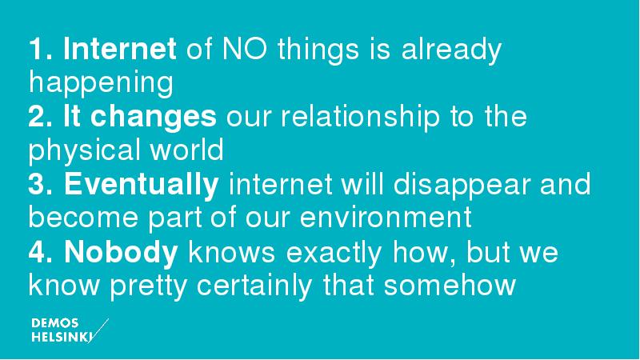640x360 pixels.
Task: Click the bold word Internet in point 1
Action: point(119,49)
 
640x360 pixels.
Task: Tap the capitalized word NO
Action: point(245,49)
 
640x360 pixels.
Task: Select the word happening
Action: point(101,84)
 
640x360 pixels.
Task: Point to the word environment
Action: point(386,218)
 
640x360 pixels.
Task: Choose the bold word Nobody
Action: point(121,252)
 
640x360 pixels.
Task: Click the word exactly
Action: point(334,253)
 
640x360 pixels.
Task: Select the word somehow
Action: point(450,286)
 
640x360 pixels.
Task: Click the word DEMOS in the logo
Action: point(54,324)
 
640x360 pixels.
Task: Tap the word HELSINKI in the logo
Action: point(62,338)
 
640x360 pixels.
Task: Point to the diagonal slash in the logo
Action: point(98,331)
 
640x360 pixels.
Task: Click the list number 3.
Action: point(36,185)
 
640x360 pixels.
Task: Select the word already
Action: point(451,50)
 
